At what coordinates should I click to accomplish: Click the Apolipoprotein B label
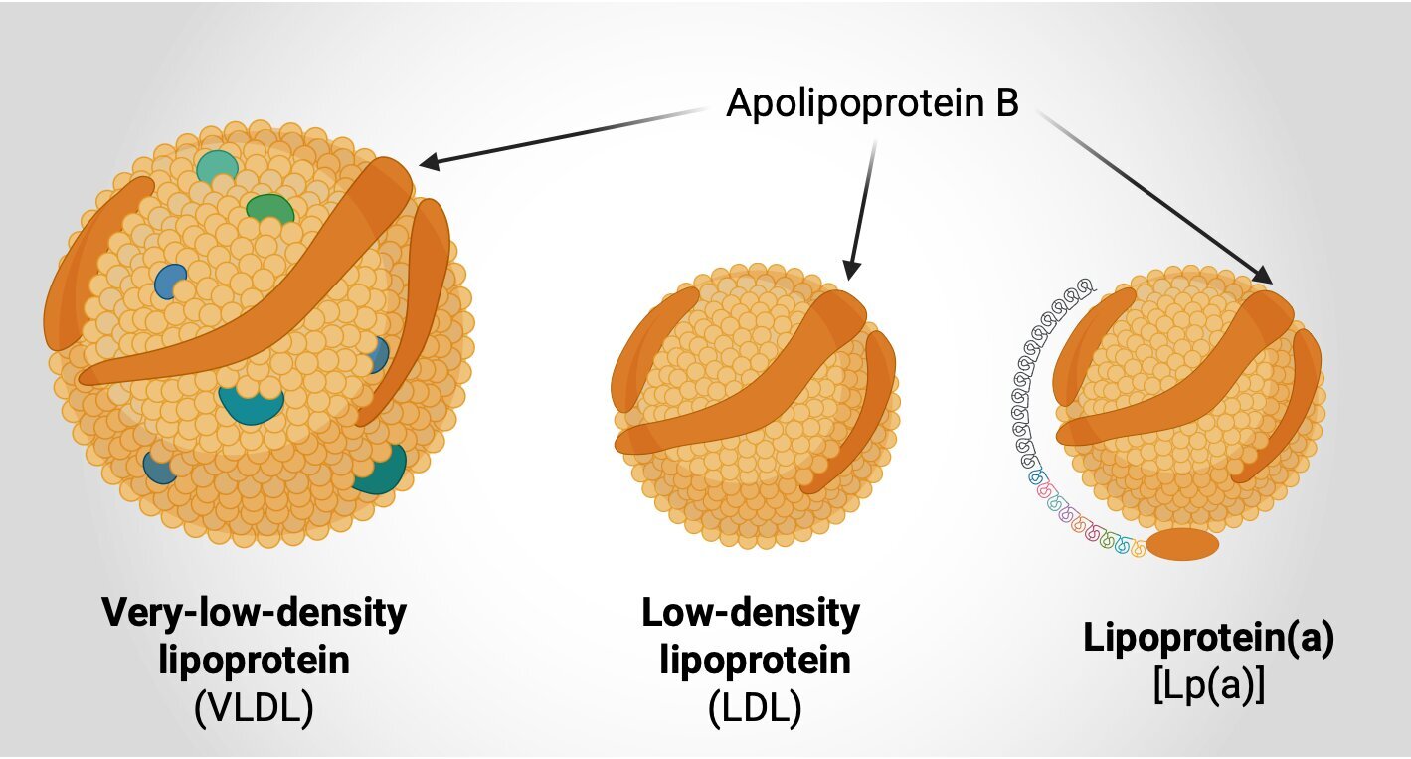(x=872, y=102)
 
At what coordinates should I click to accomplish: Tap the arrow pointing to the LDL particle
(x=861, y=209)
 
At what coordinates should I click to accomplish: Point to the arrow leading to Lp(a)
(x=1153, y=195)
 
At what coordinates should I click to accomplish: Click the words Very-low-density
(x=255, y=613)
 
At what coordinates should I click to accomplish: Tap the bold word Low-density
(x=751, y=613)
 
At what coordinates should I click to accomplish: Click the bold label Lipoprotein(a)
(x=1208, y=639)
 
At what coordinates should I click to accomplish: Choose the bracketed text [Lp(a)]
(x=1208, y=686)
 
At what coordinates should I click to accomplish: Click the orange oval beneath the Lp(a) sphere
(x=1182, y=545)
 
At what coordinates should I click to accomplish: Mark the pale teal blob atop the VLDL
(x=217, y=166)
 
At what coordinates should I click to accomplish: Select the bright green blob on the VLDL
(x=269, y=209)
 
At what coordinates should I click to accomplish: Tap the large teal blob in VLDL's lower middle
(x=251, y=403)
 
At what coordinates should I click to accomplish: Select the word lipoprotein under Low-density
(x=756, y=660)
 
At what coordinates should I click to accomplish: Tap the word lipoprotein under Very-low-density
(x=255, y=660)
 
